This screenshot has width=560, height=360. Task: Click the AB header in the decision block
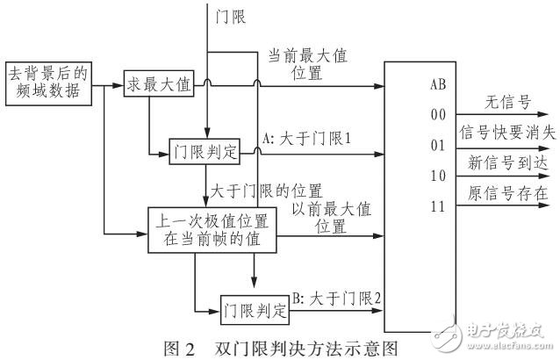click(x=438, y=86)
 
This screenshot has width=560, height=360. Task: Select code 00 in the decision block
click(x=438, y=113)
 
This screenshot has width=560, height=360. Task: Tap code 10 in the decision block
click(x=438, y=173)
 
